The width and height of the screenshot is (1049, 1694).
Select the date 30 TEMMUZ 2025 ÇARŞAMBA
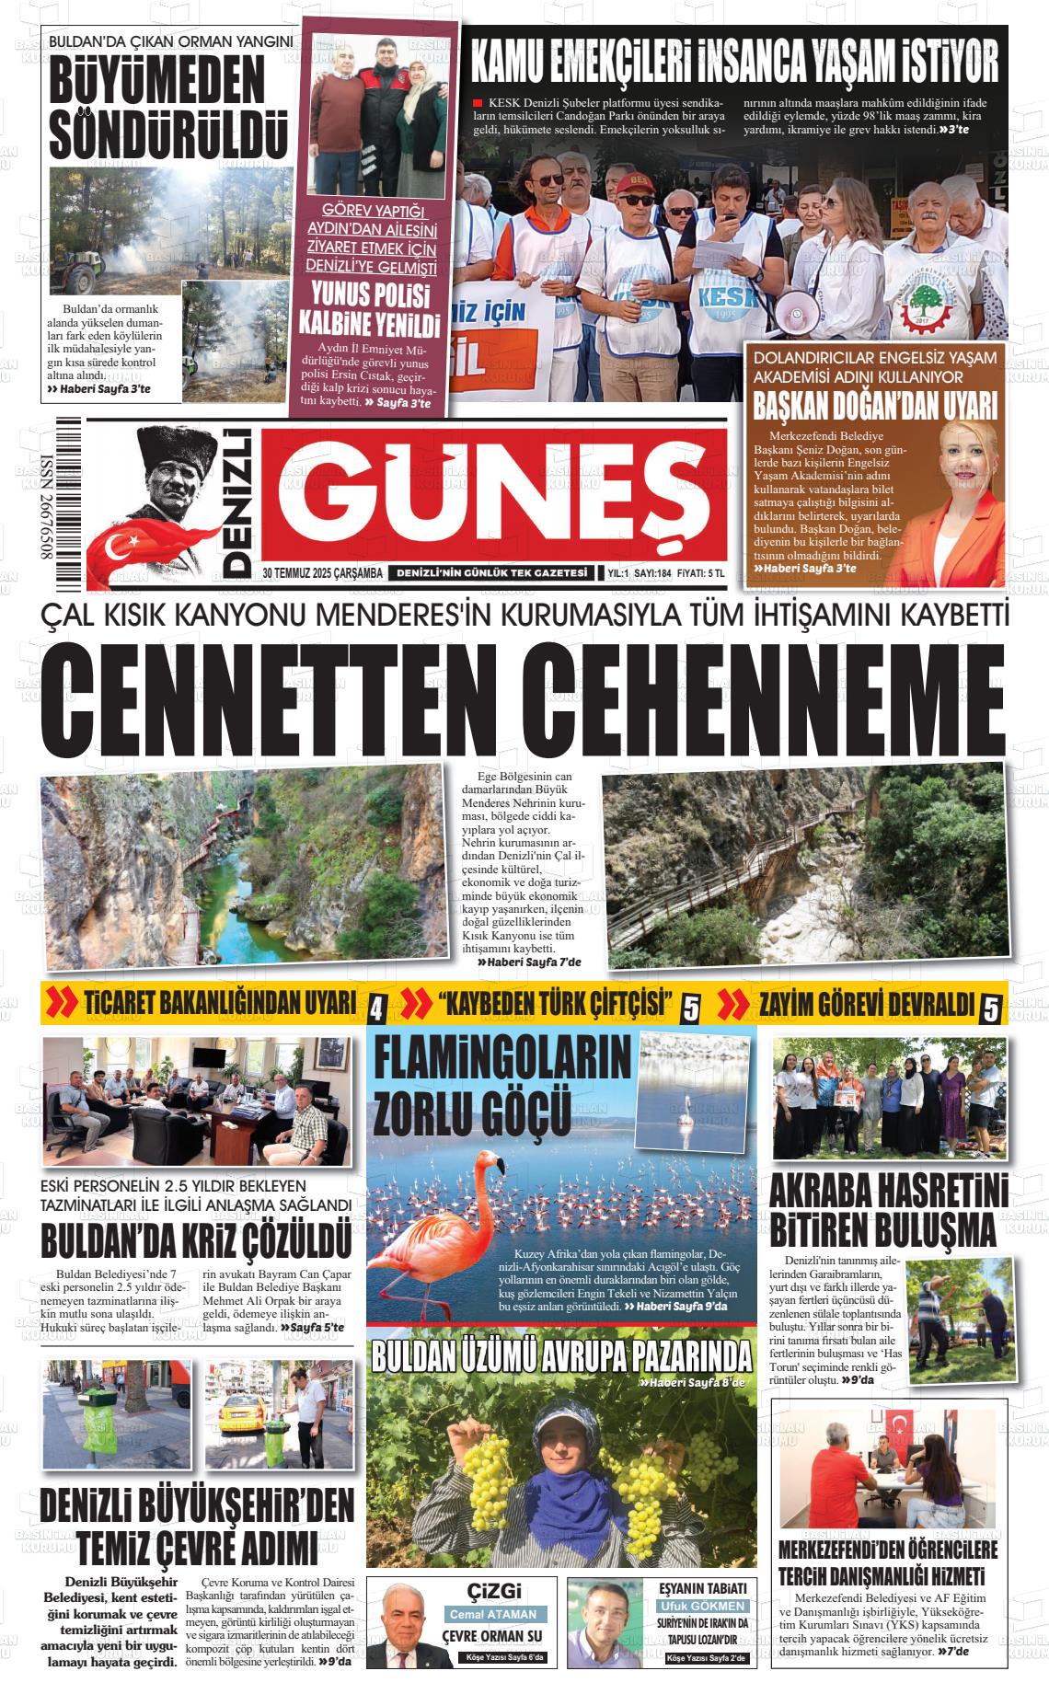click(322, 573)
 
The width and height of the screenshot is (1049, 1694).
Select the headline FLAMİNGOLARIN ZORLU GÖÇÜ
click(501, 1085)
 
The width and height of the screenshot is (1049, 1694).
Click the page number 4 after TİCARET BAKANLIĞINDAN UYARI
click(376, 1010)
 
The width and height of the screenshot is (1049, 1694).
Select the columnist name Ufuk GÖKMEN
click(702, 1606)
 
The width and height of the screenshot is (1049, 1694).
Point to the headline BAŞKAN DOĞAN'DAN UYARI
click(875, 405)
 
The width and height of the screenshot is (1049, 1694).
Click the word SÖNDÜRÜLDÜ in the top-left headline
click(168, 135)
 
